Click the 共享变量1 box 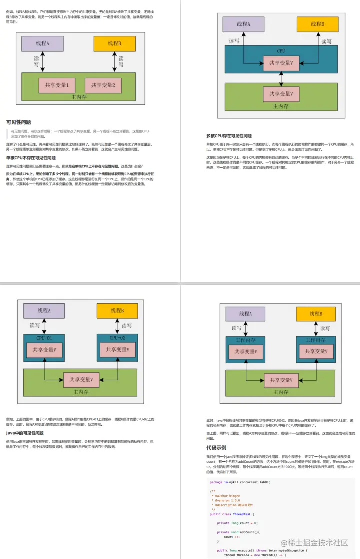[x=56, y=86]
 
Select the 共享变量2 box [x=103, y=86]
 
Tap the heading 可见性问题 [x=18, y=122]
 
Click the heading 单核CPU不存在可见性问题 [x=31, y=158]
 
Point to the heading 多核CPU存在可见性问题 [x=229, y=136]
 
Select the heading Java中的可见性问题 [x=25, y=433]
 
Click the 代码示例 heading [x=216, y=447]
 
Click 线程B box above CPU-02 [x=117, y=311]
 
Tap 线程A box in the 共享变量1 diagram [x=42, y=43]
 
